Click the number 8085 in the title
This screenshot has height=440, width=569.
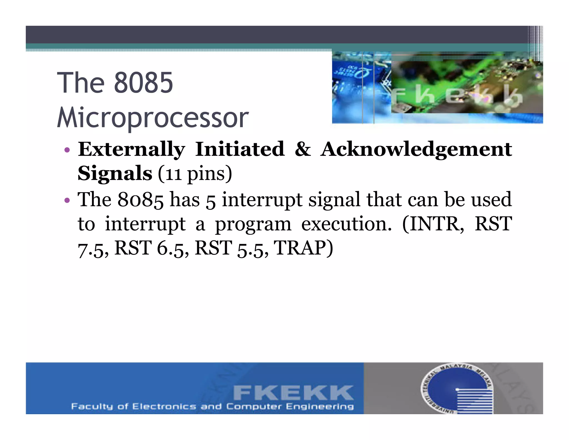tap(143, 83)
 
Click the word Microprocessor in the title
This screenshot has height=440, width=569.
tap(153, 118)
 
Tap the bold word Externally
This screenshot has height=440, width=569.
tap(131, 149)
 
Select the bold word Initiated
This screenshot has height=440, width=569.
tap(240, 149)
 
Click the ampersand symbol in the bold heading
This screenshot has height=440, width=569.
tap(303, 149)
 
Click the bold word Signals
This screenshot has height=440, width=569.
tap(115, 174)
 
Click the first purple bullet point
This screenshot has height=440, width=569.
tap(67, 150)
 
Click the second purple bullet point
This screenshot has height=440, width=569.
tap(67, 200)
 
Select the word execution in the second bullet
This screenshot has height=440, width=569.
tap(346, 224)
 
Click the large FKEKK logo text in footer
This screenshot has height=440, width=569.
tap(293, 393)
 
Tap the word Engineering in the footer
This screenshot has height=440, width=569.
tap(320, 407)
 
